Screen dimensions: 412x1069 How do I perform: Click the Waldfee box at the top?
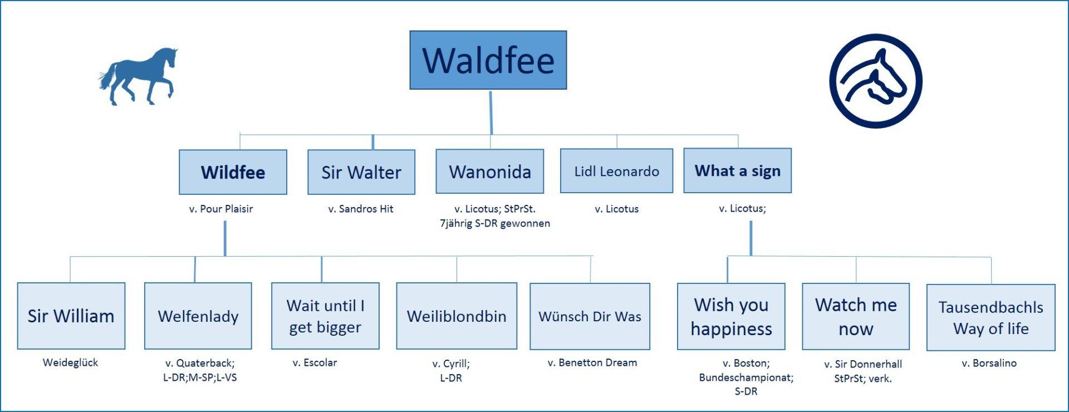point(488,60)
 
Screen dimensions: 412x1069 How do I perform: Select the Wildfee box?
point(233,172)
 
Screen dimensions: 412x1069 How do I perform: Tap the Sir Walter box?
point(361,172)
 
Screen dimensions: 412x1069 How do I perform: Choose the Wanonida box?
point(490,171)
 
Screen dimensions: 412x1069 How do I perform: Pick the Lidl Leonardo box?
point(616,171)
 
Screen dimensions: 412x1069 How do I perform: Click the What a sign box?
point(737,170)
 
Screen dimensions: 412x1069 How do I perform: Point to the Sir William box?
point(71,316)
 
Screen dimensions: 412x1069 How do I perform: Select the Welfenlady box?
point(198,316)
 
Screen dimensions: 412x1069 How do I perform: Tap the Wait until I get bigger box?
point(325,316)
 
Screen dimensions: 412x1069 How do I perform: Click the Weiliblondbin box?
point(457,316)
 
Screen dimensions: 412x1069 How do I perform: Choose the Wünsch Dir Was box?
point(590,316)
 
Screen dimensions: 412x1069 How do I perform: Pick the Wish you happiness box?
point(731,316)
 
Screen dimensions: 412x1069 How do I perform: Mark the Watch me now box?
point(856,316)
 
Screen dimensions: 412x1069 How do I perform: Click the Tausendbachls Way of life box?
point(990,317)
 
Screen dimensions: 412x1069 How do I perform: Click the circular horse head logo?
point(875,81)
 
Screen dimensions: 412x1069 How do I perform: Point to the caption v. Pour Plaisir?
point(221,209)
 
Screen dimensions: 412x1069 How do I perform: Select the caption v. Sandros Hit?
point(361,209)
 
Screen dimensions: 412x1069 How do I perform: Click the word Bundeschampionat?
point(746,377)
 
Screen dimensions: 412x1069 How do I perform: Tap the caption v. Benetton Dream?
point(592,362)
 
